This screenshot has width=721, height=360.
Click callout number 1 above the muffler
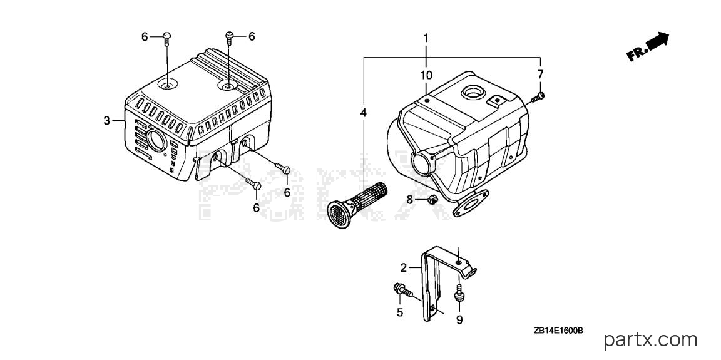[x=426, y=38]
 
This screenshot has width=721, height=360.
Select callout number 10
[x=426, y=75]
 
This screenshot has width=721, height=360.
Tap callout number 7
[x=540, y=74]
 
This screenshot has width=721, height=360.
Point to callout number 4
[x=364, y=112]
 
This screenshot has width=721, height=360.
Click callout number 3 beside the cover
[x=106, y=121]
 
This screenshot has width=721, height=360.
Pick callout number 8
[x=410, y=200]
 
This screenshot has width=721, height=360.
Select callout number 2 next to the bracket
[x=403, y=267]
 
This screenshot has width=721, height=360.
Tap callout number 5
[x=400, y=312]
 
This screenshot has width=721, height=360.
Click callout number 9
[x=459, y=320]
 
